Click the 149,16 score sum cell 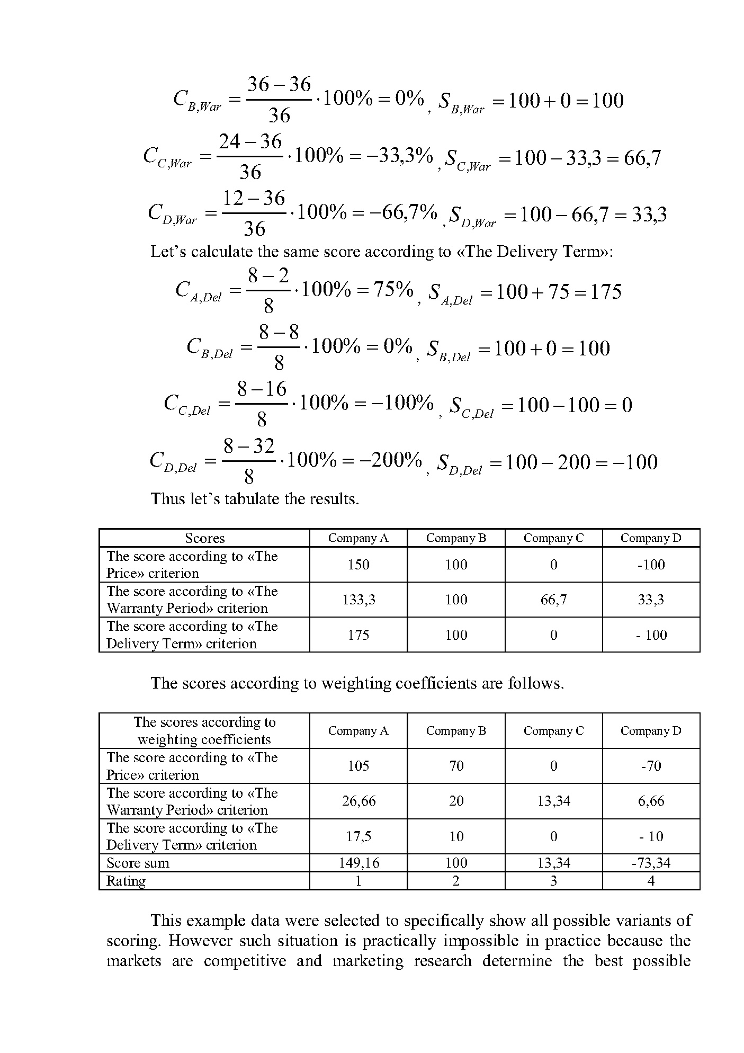click(x=358, y=863)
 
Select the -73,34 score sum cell click(x=651, y=863)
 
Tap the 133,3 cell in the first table click(x=358, y=600)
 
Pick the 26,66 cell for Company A click(x=358, y=801)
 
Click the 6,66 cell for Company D click(x=651, y=801)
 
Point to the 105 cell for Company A click(x=358, y=766)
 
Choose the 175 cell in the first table click(x=358, y=635)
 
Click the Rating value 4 click(x=651, y=881)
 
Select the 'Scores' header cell click(x=204, y=538)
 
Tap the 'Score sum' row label click(x=138, y=863)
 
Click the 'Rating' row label click(x=126, y=881)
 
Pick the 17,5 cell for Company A click(x=358, y=836)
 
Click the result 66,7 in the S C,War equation click(x=642, y=158)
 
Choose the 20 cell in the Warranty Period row click(x=456, y=801)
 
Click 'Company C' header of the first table click(x=553, y=538)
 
